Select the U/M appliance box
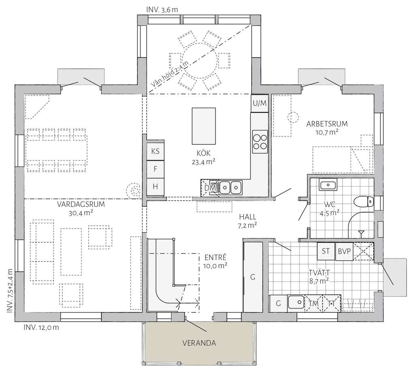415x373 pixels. click(x=259, y=103)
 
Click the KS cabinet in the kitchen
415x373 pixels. click(x=155, y=152)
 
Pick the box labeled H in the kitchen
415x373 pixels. click(x=155, y=186)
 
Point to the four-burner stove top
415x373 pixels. click(x=260, y=141)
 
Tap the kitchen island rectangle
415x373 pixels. click(x=203, y=126)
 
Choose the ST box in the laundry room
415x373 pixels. click(x=326, y=251)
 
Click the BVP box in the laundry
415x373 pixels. click(x=344, y=251)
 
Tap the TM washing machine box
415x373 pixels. click(x=313, y=303)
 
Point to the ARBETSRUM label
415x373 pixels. click(x=327, y=124)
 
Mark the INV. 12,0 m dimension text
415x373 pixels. click(x=41, y=327)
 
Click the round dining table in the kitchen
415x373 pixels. click(x=199, y=60)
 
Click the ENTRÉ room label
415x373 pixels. click(x=215, y=257)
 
